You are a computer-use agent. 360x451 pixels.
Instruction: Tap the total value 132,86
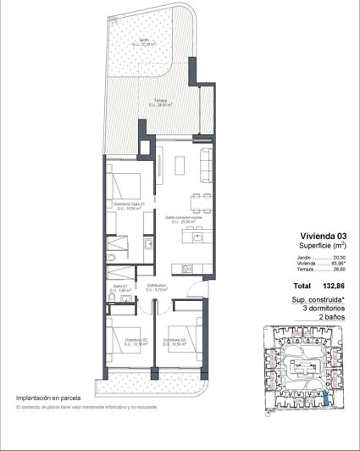pyautogui.click(x=334, y=287)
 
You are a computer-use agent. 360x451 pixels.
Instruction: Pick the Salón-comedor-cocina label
pyautogui.click(x=180, y=217)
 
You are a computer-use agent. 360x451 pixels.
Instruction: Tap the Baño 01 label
pyautogui.click(x=119, y=288)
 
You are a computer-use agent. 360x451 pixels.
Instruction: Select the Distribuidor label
pyautogui.click(x=156, y=287)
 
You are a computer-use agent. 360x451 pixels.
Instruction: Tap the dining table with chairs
pyautogui.click(x=197, y=203)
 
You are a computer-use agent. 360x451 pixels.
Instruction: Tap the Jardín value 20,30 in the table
pyautogui.click(x=340, y=258)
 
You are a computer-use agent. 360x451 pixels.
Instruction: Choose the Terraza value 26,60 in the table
pyautogui.click(x=340, y=271)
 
